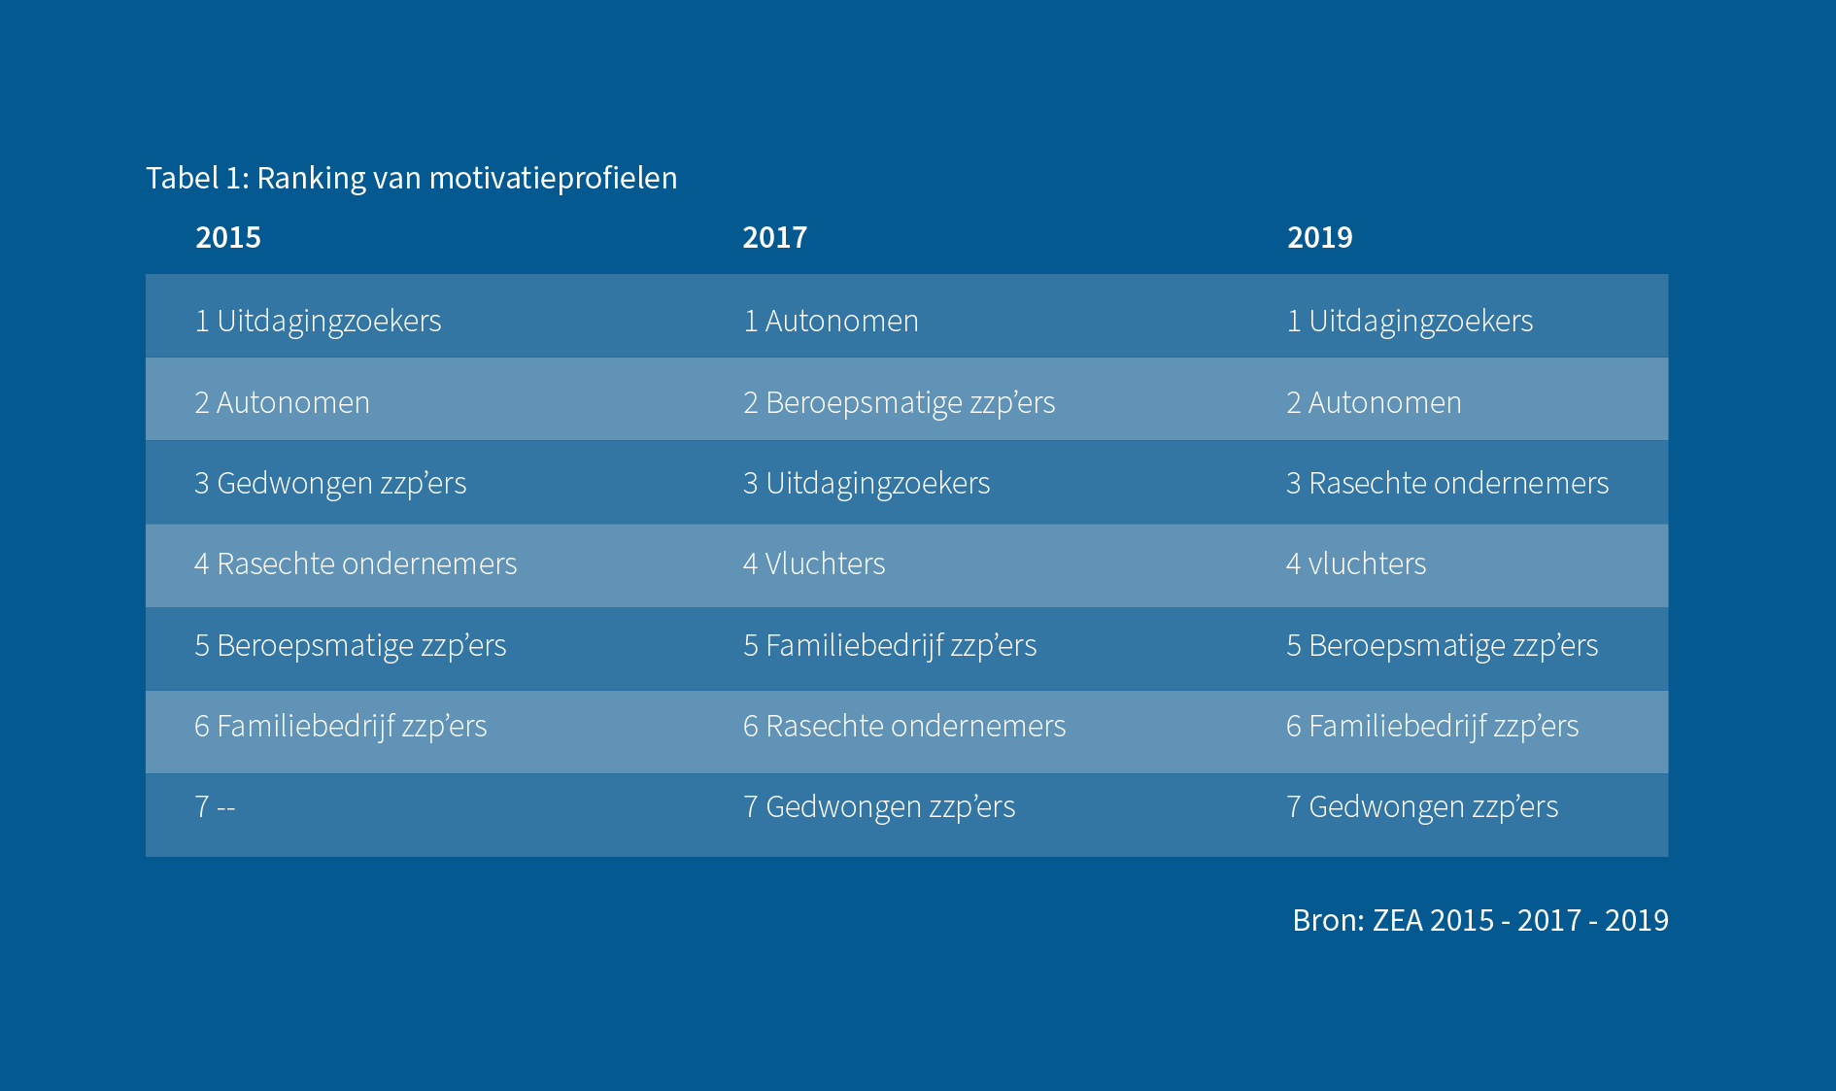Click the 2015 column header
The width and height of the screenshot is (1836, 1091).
point(228,237)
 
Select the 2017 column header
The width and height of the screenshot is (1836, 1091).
point(774,237)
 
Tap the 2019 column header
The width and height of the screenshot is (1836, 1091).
point(1319,237)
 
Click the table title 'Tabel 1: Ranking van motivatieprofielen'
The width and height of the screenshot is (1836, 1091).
point(411,178)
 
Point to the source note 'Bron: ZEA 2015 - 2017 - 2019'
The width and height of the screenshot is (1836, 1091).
point(1479,920)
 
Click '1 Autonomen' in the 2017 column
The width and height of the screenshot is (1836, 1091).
point(831,321)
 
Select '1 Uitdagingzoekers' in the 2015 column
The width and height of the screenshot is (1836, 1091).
point(318,321)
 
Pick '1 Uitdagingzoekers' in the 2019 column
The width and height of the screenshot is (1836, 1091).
point(1410,321)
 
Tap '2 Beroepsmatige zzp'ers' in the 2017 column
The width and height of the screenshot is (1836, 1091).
point(899,402)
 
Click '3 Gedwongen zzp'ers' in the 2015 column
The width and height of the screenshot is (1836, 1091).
point(330,483)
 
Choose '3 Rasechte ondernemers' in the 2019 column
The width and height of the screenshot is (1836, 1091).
point(1447,483)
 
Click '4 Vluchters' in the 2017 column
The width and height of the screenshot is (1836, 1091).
point(814,563)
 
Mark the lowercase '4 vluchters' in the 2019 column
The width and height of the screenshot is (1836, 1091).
point(1356,563)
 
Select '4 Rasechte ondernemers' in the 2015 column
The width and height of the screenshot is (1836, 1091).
point(356,563)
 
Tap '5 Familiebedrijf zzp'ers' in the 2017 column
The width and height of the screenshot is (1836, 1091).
point(890,645)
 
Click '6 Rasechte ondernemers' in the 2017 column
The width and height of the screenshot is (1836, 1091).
point(904,726)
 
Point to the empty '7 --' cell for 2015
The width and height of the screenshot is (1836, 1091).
point(215,806)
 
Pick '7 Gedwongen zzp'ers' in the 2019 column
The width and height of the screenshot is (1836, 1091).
point(1422,806)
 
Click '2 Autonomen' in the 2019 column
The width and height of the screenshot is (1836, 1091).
point(1374,402)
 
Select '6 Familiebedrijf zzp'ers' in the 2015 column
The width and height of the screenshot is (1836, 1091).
point(340,726)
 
